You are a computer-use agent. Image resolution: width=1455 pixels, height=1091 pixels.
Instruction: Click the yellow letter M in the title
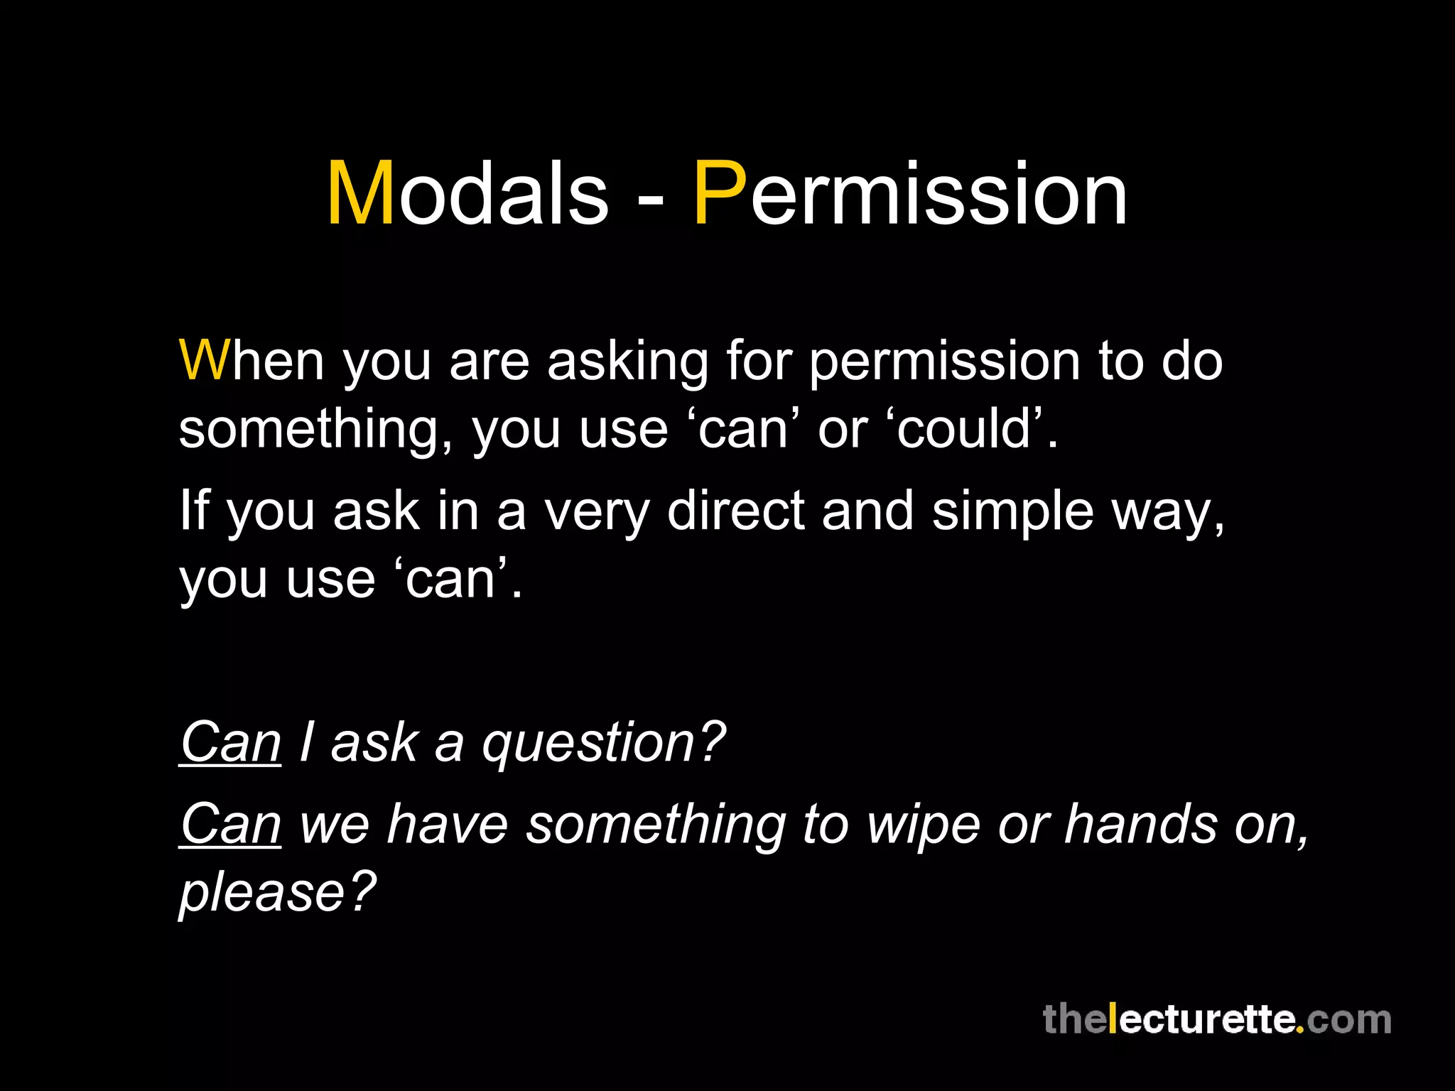point(360,193)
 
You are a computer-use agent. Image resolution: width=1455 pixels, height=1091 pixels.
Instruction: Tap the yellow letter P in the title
point(719,193)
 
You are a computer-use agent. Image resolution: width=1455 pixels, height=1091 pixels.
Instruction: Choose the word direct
point(735,511)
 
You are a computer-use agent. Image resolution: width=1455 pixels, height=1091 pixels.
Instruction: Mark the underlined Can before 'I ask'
point(231,742)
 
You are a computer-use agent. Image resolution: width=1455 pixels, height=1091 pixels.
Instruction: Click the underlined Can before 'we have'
point(231,824)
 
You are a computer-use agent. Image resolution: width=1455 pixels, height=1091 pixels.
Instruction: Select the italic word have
point(448,824)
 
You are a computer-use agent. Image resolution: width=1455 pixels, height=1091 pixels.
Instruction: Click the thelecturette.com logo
point(1216,1020)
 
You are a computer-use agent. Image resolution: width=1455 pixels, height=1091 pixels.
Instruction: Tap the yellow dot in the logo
point(1299,1030)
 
